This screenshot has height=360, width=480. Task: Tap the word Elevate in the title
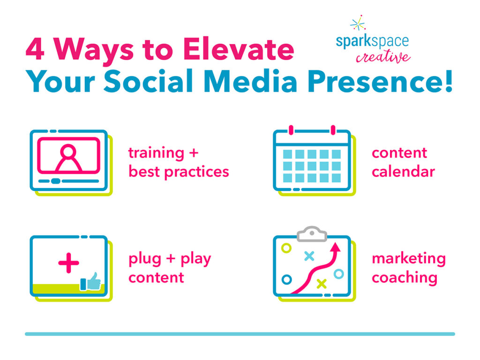click(x=239, y=49)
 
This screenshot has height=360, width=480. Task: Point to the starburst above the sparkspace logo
click(x=358, y=23)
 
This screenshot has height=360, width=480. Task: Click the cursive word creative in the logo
click(x=383, y=56)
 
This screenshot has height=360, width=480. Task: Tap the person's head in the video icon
click(x=68, y=151)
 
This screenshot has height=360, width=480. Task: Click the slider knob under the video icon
click(x=55, y=181)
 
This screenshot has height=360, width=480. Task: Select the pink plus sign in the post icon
click(x=68, y=262)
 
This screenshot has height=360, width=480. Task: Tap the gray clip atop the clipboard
click(x=312, y=234)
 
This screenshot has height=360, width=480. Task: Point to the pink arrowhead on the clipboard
click(x=336, y=247)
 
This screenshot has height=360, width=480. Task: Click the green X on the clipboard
click(x=322, y=284)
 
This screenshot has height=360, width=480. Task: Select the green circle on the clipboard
click(x=286, y=248)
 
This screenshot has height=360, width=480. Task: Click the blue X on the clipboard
click(x=309, y=256)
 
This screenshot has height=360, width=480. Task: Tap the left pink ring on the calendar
click(x=291, y=130)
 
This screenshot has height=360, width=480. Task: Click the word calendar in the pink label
click(x=403, y=172)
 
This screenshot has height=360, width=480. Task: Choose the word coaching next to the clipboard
click(x=405, y=278)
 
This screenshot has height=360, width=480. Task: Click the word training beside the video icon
click(x=156, y=153)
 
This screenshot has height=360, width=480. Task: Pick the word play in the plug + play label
click(x=195, y=259)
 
